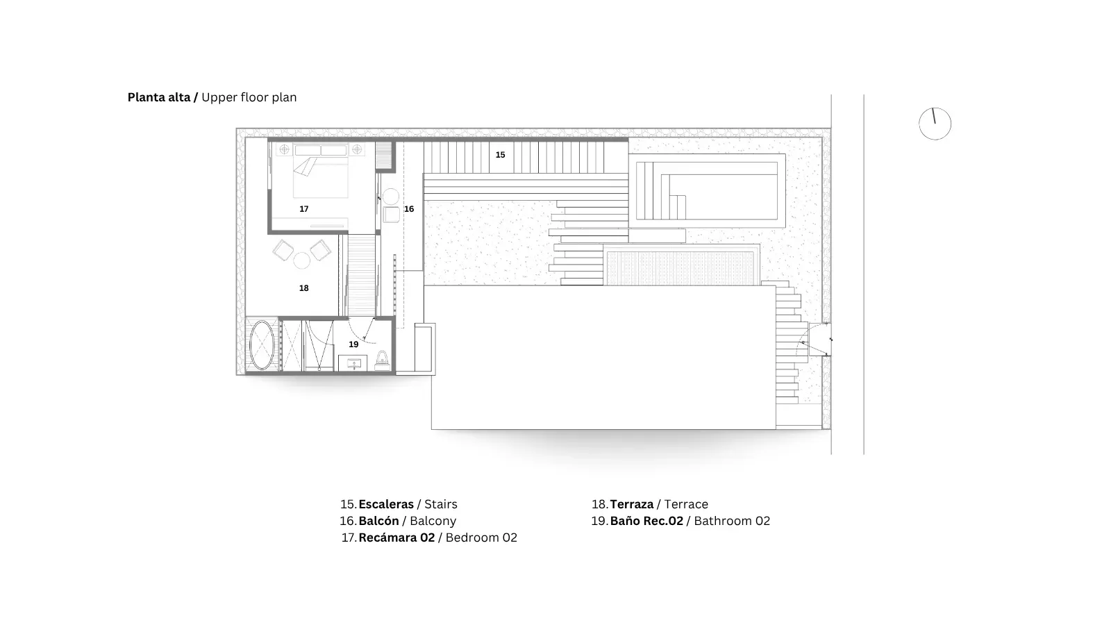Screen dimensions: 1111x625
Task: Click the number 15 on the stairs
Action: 500,155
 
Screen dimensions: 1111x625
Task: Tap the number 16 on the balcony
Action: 409,209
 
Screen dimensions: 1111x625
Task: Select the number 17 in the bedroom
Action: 303,209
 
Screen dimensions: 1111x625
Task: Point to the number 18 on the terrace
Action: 303,287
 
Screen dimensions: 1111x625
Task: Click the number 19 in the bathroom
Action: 353,344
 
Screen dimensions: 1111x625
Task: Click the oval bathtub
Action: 261,344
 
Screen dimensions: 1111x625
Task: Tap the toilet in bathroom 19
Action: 382,360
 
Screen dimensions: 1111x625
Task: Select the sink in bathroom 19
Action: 353,363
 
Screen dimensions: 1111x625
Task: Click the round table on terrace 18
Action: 301,260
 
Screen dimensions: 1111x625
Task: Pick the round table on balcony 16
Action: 391,197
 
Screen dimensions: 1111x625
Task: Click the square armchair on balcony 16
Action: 391,215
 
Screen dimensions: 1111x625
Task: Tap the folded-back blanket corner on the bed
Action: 305,167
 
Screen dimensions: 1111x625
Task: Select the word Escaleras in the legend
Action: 386,504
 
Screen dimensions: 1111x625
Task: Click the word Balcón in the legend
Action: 378,521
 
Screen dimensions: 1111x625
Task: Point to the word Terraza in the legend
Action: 631,504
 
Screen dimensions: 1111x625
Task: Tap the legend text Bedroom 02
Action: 481,537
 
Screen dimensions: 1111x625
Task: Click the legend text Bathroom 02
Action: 732,521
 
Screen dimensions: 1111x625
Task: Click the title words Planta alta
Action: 159,97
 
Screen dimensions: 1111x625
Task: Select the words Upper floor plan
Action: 249,98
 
